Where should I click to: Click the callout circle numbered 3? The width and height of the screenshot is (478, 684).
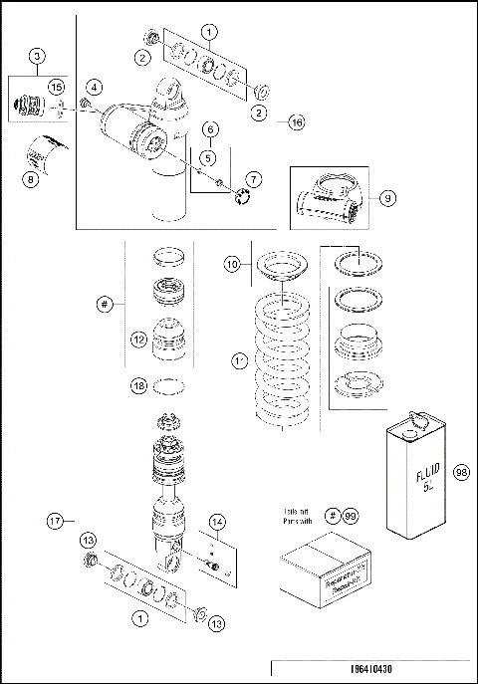click(x=37, y=56)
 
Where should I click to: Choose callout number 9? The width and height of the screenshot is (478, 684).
click(x=389, y=197)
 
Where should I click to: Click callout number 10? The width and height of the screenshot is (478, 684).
click(x=231, y=265)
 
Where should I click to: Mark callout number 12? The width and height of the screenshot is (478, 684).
click(x=138, y=339)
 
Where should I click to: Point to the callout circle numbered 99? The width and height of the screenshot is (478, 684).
click(x=349, y=515)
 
